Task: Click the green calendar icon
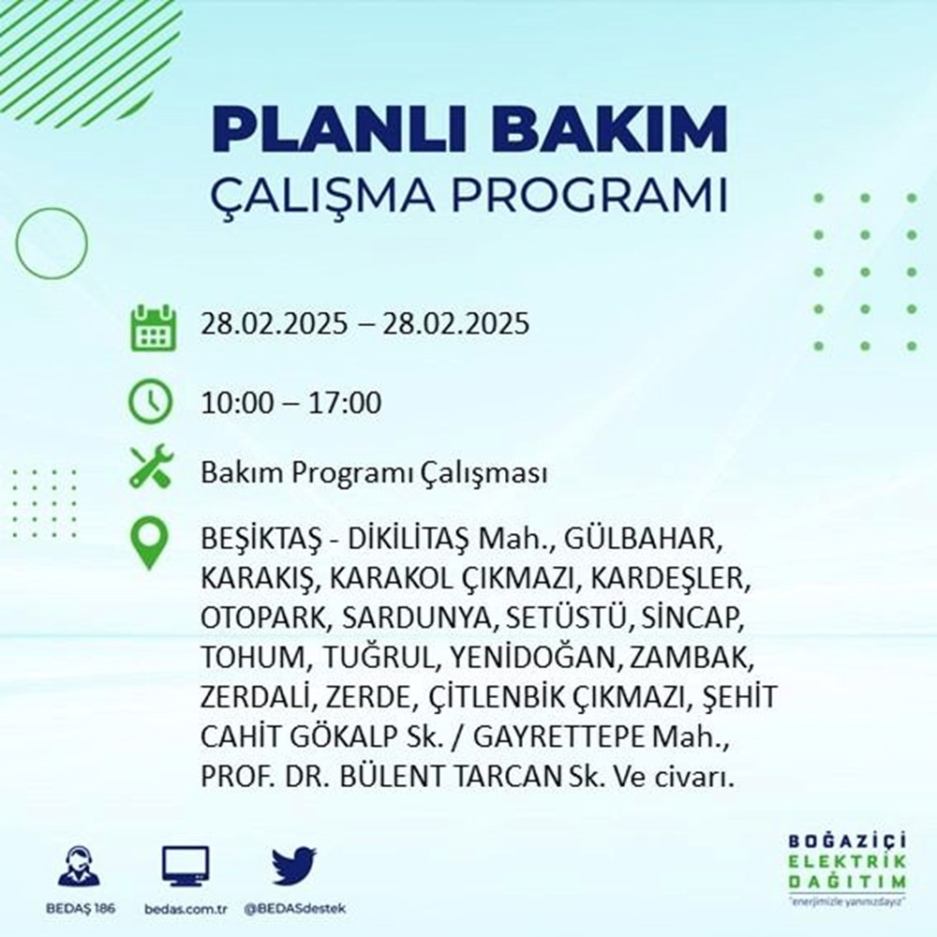[x=151, y=326]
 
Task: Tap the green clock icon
[x=151, y=404]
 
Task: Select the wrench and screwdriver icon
[x=151, y=467]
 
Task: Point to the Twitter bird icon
[x=294, y=867]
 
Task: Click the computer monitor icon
[x=186, y=867]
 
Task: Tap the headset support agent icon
[x=79, y=867]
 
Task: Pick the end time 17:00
[x=349, y=404]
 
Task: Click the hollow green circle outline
[x=51, y=243]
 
